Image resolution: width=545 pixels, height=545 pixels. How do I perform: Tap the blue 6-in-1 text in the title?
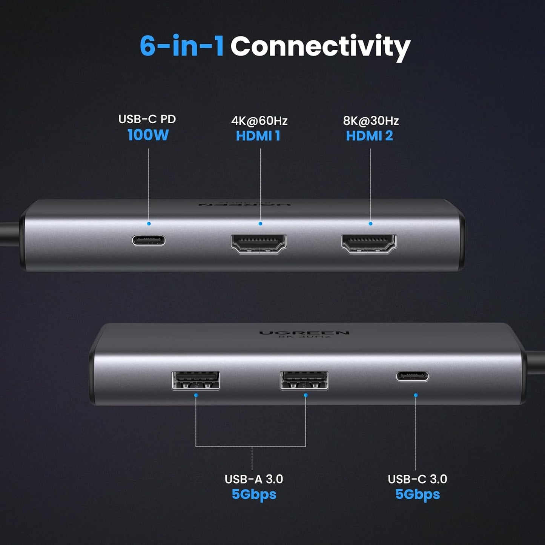click(182, 46)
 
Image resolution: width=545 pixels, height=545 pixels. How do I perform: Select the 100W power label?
click(148, 135)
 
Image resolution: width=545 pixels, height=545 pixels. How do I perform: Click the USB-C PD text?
click(147, 119)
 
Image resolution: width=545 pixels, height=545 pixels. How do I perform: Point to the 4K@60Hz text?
click(259, 121)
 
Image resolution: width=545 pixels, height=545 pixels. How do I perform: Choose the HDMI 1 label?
click(258, 136)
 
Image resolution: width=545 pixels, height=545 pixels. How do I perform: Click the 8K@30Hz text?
click(371, 121)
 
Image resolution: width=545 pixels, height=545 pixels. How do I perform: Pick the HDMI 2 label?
click(369, 136)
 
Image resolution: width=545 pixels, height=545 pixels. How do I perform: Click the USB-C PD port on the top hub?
click(149, 240)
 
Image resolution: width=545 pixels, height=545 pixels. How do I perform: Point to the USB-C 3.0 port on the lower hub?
click(412, 376)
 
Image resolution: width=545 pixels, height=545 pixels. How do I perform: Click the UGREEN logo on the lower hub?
click(304, 333)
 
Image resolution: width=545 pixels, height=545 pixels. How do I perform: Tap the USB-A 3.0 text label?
click(253, 479)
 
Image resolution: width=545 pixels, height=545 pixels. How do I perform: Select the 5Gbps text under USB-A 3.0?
click(254, 494)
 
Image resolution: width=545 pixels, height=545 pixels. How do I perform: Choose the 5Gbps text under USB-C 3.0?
click(418, 494)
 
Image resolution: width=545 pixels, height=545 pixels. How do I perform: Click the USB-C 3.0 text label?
click(417, 479)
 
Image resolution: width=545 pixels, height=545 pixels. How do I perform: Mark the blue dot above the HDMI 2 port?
click(370, 224)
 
